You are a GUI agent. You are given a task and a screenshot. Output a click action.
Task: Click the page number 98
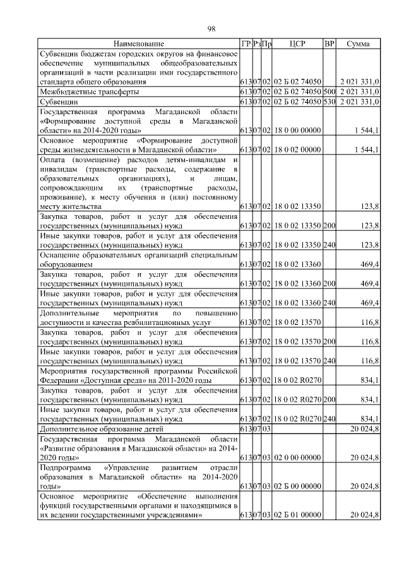[x=211, y=28]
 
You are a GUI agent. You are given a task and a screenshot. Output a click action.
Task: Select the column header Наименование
[x=139, y=44]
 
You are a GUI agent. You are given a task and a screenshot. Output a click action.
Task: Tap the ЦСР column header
[x=297, y=44]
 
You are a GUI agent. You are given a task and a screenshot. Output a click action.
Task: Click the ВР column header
[x=329, y=44]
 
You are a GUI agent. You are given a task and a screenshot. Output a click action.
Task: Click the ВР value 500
[x=329, y=91]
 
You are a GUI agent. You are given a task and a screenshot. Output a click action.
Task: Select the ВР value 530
[x=329, y=101]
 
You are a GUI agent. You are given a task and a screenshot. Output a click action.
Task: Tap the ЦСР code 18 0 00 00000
[x=299, y=131]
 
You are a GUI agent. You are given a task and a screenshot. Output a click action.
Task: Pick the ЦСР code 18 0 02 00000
[x=299, y=150]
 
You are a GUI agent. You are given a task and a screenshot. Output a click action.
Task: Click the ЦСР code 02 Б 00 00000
[x=299, y=486]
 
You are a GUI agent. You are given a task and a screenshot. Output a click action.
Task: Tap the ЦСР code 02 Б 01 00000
[x=299, y=515]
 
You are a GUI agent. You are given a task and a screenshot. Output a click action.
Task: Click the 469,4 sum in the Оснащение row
[x=369, y=265]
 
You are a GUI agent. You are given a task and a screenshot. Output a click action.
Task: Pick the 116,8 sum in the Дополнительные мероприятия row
[x=369, y=322]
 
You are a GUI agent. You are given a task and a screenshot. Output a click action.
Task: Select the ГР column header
[x=246, y=44]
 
